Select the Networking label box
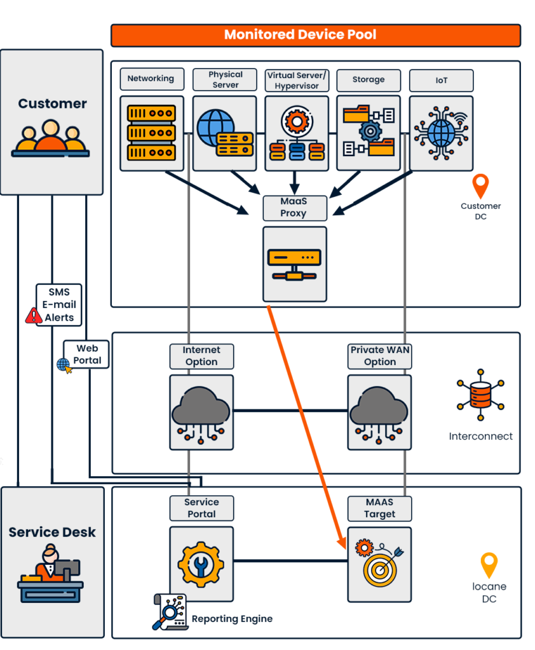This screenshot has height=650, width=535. [151, 79]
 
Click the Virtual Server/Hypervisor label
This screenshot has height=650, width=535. [296, 81]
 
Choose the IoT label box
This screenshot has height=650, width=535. [441, 81]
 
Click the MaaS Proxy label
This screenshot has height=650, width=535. [294, 208]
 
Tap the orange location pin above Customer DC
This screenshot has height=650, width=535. [481, 186]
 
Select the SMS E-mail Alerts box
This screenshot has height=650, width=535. [59, 305]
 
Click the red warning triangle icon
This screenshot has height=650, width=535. [34, 315]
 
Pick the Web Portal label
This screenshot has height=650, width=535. [87, 354]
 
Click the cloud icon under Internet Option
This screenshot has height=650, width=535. [201, 412]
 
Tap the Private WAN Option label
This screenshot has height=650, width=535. [380, 356]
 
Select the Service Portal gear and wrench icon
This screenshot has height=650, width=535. [201, 563]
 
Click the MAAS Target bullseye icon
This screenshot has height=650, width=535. [380, 564]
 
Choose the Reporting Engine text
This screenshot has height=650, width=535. [232, 619]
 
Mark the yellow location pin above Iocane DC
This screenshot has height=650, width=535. [489, 565]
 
